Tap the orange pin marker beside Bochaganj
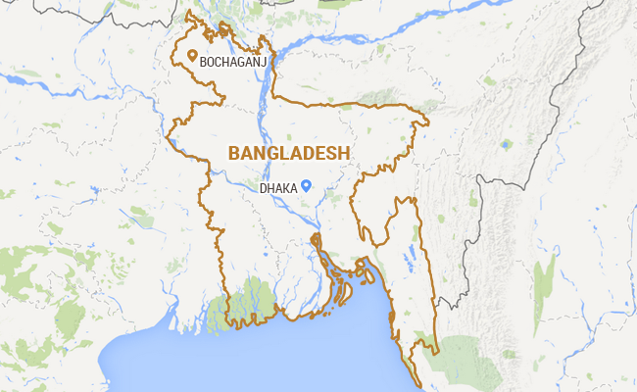[191, 57]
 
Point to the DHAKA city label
[278, 187]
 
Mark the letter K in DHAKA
[289, 187]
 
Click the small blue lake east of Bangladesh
[506, 144]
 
